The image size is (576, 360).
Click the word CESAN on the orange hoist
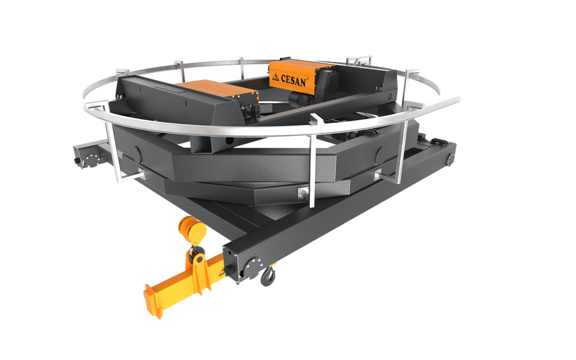tap(293, 80)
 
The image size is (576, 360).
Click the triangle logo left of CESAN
tap(275, 76)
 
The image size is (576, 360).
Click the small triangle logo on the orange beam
tap(221, 272)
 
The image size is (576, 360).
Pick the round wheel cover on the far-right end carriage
tap(450, 159)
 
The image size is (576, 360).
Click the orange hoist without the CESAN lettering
tap(217, 89)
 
